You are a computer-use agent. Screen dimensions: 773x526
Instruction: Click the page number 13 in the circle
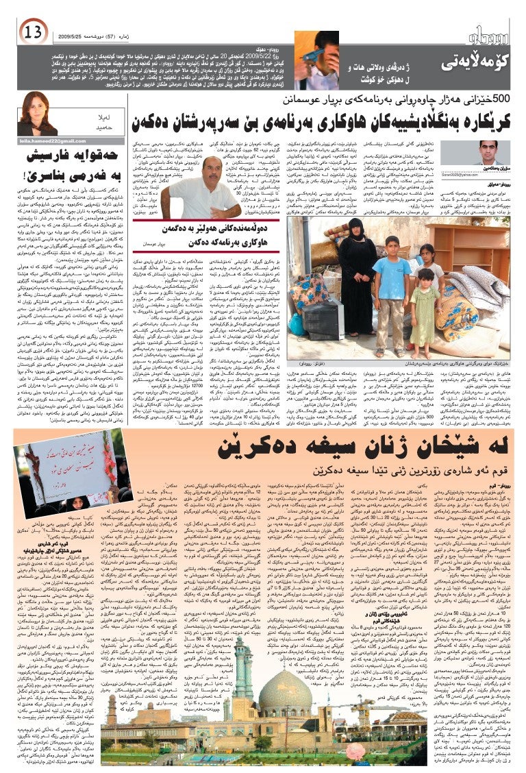[x=33, y=31]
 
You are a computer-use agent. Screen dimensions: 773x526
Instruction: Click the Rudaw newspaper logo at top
[x=486, y=34]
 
